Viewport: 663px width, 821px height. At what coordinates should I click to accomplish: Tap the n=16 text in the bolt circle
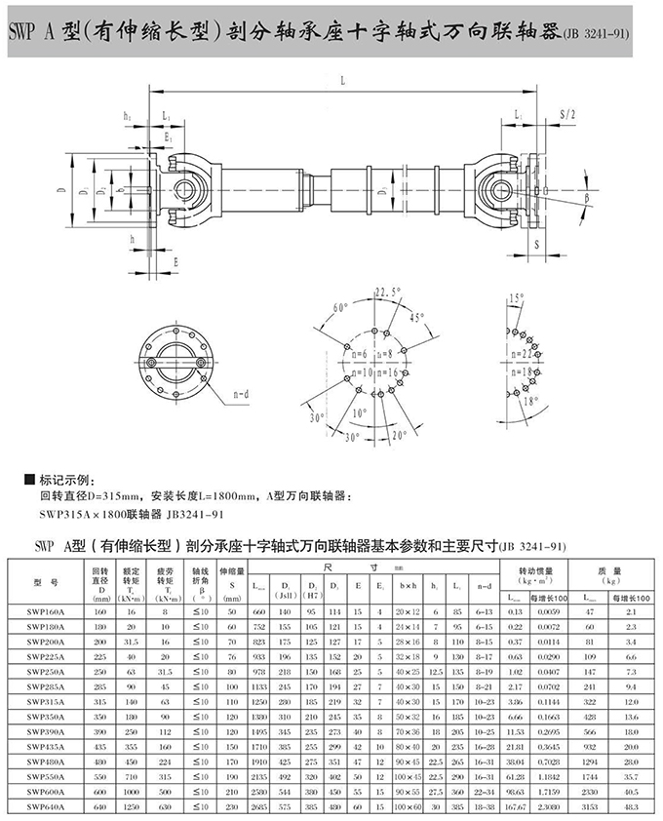(x=401, y=372)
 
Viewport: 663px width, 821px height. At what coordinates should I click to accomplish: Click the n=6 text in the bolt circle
(x=357, y=354)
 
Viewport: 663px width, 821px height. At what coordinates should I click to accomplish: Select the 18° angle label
(x=529, y=400)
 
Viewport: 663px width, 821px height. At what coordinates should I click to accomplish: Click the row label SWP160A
(x=47, y=611)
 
